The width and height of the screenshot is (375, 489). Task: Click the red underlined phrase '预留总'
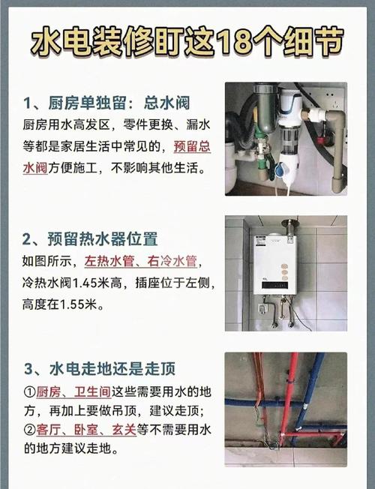[192, 146]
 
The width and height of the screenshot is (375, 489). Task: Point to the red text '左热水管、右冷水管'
[141, 261]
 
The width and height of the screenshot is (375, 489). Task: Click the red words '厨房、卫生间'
[73, 391]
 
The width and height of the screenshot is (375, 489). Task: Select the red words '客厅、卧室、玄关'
[86, 430]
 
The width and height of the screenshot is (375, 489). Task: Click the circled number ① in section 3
[30, 392]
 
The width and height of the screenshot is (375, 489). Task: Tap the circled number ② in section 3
[30, 430]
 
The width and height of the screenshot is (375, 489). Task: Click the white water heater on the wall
[274, 265]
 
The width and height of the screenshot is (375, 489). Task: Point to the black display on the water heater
[275, 285]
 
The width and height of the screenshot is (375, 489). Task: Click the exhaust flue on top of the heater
[289, 226]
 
